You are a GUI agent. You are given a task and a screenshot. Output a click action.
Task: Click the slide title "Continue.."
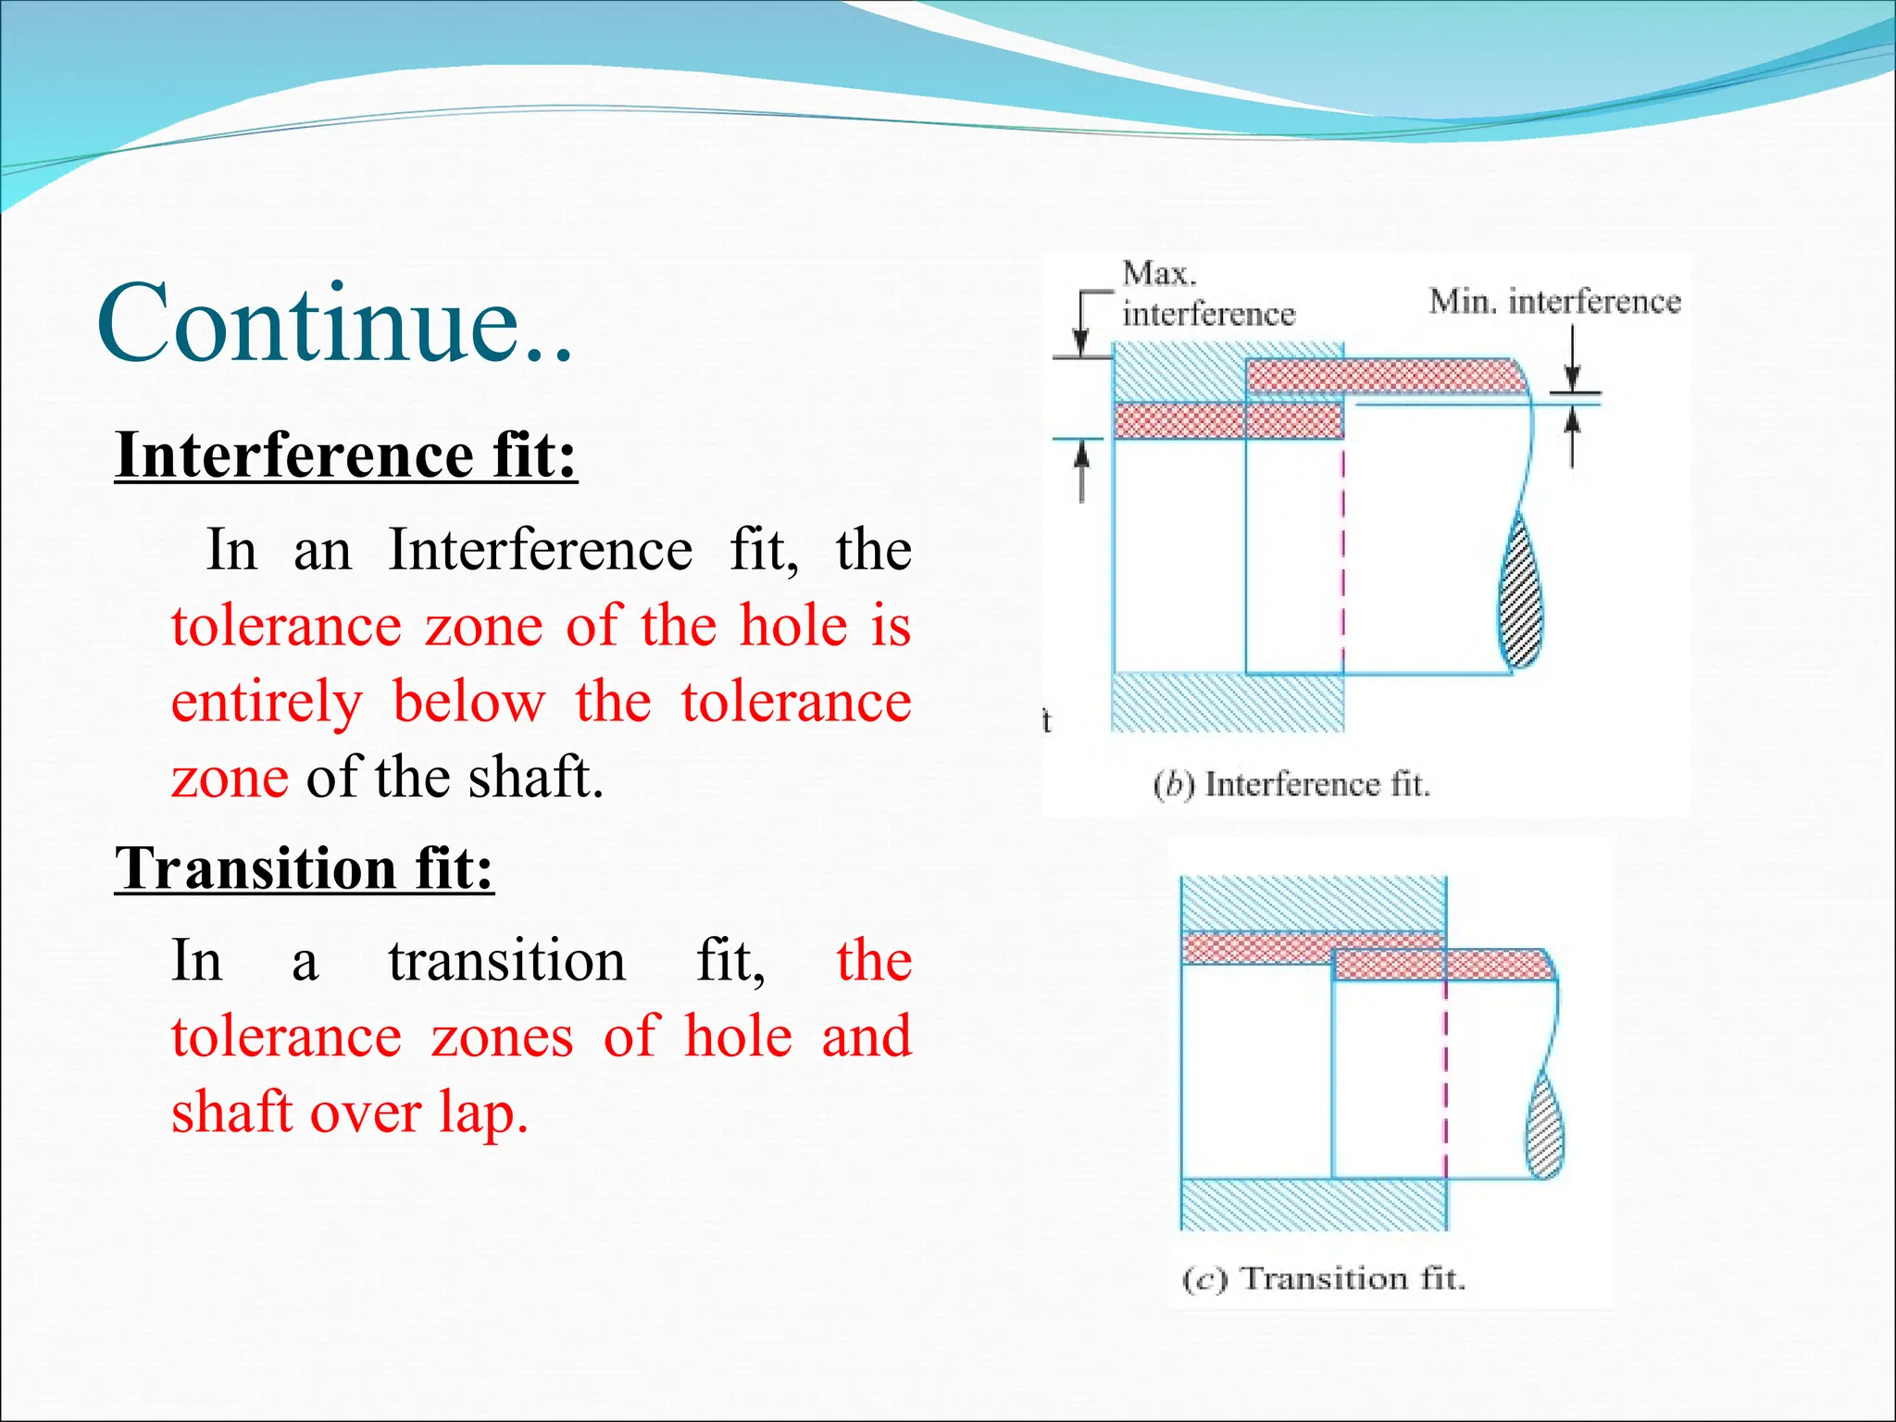[x=335, y=324]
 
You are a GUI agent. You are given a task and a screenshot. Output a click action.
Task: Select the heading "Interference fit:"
[x=346, y=455]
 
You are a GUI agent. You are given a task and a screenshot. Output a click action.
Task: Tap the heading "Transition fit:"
[x=305, y=868]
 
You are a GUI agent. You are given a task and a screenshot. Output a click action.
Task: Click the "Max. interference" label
[x=1206, y=294]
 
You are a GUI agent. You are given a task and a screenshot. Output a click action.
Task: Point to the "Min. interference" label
[x=1554, y=302]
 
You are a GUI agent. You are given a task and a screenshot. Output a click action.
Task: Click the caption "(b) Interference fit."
[x=1291, y=785]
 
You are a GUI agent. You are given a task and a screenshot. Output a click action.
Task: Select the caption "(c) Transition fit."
[x=1324, y=1279]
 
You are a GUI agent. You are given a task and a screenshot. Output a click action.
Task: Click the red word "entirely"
[x=267, y=702]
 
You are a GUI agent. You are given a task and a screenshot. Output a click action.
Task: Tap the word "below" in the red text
[x=469, y=702]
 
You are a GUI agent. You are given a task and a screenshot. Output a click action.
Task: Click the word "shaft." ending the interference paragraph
[x=535, y=777]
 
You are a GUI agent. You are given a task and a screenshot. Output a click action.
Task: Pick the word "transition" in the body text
[x=507, y=960]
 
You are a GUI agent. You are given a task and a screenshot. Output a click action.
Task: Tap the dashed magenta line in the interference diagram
[x=1342, y=555]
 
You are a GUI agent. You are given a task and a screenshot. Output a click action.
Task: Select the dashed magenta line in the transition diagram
[x=1445, y=1074]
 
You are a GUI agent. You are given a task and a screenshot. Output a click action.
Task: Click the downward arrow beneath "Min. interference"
[x=1572, y=374]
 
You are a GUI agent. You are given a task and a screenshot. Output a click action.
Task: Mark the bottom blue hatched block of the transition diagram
[x=1314, y=1204]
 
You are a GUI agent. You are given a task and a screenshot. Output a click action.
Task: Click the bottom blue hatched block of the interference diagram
[x=1227, y=703]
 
